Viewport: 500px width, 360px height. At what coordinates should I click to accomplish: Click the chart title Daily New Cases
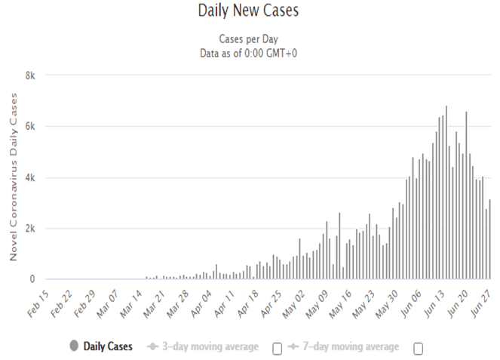pos(249,11)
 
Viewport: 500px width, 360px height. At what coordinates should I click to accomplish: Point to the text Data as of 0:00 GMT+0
pos(249,52)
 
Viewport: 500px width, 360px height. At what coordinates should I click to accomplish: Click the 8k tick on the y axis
pos(30,75)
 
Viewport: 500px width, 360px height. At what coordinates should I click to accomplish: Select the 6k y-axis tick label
pos(30,126)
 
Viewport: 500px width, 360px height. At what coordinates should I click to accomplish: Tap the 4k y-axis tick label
pos(30,177)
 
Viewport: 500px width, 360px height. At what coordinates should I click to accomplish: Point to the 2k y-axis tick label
pos(30,228)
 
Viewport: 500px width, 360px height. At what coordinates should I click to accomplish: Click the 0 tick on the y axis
pos(32,279)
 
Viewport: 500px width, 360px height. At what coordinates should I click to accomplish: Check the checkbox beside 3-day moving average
pos(277,348)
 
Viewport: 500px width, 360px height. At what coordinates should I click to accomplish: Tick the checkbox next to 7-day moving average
pos(418,348)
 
